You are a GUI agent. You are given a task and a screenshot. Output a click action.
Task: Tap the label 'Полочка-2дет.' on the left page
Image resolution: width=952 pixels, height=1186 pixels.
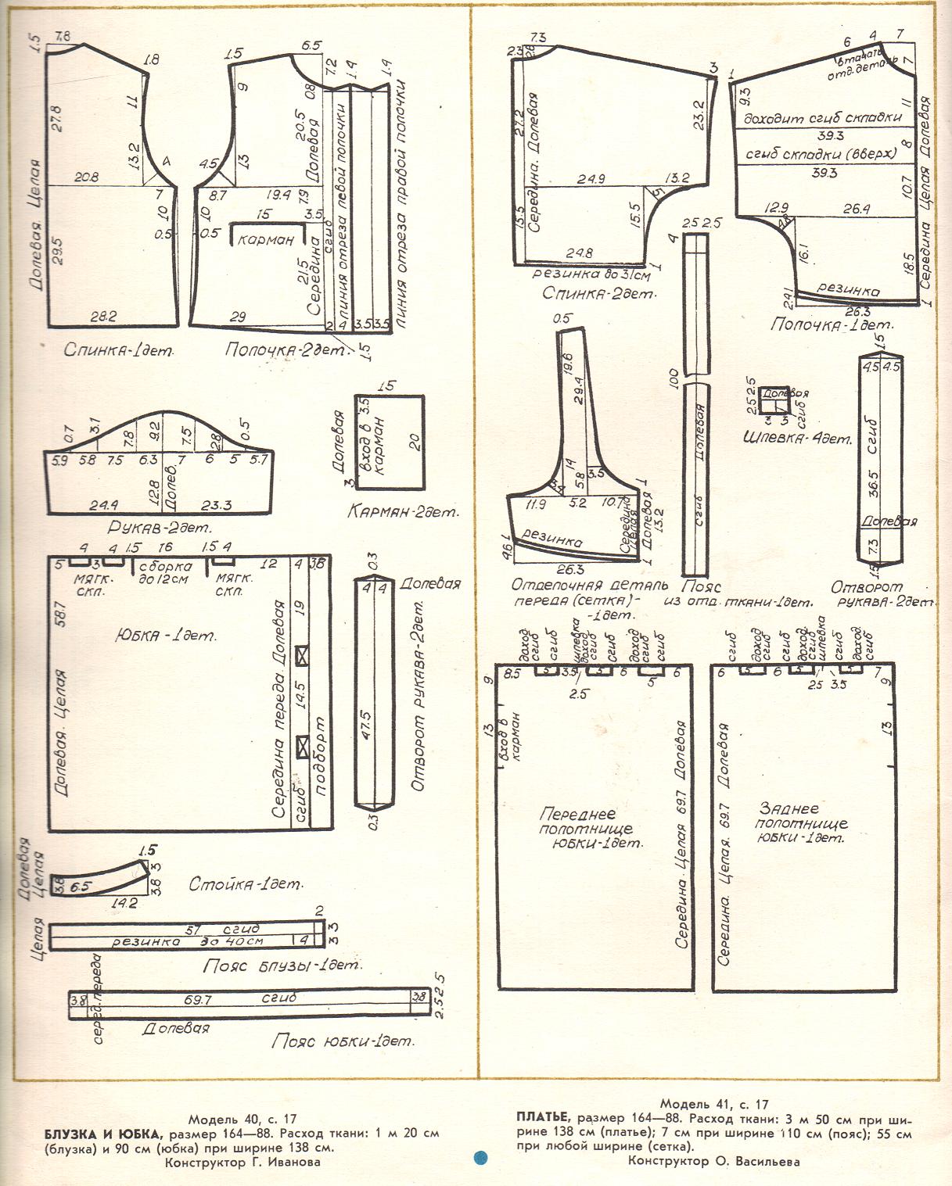pyautogui.click(x=284, y=351)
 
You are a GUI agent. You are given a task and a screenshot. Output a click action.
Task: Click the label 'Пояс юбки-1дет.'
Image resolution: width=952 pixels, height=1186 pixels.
pyautogui.click(x=342, y=1041)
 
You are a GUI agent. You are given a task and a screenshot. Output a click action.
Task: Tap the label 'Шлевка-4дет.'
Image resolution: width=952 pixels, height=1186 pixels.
pyautogui.click(x=796, y=438)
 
